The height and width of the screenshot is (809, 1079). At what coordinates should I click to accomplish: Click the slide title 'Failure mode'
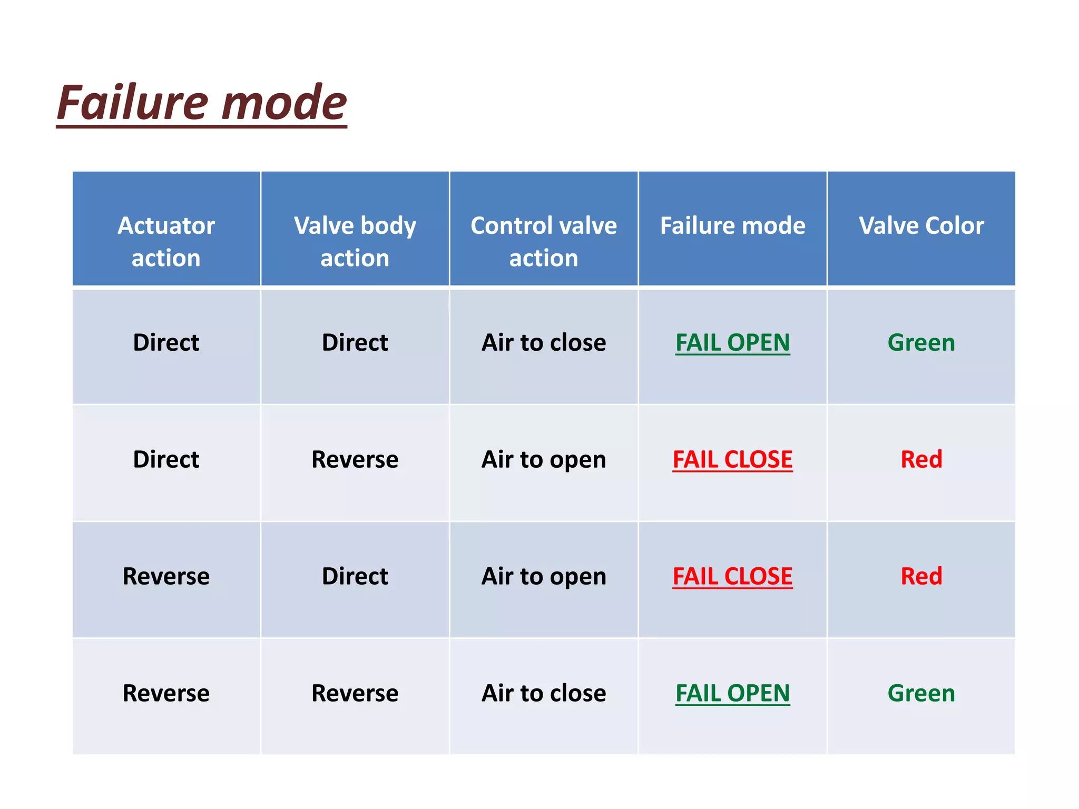tap(202, 102)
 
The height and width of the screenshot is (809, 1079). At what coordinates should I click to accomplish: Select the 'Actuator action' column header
tap(166, 241)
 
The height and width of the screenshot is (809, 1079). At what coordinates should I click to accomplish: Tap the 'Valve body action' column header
tap(355, 241)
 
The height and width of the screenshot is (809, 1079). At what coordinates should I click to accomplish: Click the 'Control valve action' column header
tap(544, 241)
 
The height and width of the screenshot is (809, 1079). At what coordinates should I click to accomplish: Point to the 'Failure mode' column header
tap(732, 225)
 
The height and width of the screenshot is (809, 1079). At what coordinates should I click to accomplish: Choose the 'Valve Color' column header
tap(921, 225)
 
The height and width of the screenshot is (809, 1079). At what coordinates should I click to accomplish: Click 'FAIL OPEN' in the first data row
tap(732, 343)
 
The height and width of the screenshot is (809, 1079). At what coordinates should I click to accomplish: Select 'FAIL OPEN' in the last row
tap(732, 693)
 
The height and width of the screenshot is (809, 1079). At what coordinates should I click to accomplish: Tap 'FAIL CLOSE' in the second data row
tap(732, 460)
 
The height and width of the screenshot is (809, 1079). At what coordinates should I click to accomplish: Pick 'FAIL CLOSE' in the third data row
tap(732, 576)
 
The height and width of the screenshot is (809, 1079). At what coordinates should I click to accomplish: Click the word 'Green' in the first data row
tap(921, 343)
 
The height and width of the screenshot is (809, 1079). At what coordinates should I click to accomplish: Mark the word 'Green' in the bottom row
tap(921, 693)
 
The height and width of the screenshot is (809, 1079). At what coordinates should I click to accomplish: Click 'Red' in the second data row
tap(921, 460)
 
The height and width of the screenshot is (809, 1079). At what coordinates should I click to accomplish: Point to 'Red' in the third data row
tap(921, 576)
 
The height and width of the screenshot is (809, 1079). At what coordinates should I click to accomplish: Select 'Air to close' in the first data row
tap(544, 343)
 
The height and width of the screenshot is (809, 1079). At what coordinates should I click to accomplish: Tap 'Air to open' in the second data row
tap(544, 460)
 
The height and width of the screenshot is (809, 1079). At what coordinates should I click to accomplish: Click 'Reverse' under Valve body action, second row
tap(355, 460)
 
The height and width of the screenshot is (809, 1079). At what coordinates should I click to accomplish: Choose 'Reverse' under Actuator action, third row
tap(166, 576)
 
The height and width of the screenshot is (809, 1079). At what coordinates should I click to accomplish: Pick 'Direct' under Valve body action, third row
tap(355, 576)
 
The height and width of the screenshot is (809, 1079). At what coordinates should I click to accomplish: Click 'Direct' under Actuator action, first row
tap(166, 343)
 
